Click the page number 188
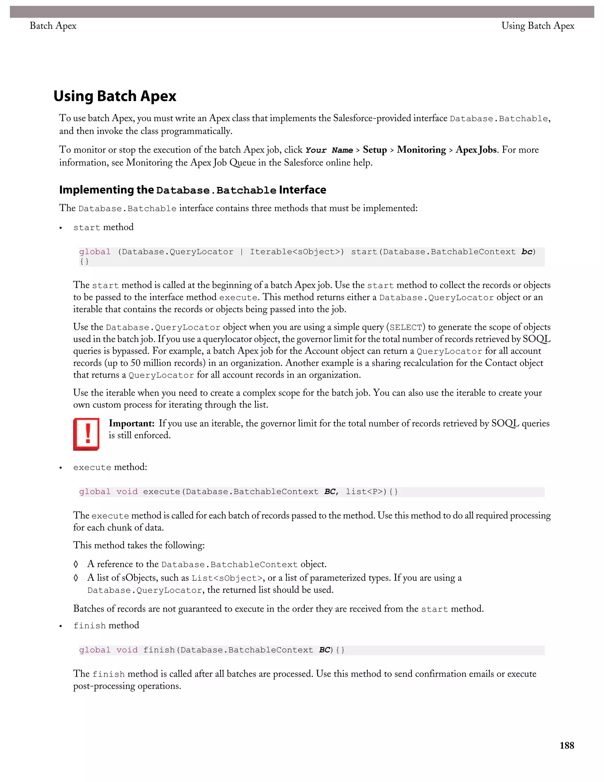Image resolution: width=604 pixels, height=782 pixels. click(567, 745)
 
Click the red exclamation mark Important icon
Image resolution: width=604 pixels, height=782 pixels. click(86, 434)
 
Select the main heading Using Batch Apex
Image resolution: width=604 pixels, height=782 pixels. click(114, 96)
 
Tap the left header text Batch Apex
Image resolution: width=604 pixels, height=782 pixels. click(53, 26)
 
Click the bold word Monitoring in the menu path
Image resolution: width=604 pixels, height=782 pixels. click(421, 150)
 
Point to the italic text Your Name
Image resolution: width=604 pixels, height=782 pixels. click(329, 150)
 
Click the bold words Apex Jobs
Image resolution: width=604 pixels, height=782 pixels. click(476, 150)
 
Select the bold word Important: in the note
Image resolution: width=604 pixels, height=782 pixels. click(131, 423)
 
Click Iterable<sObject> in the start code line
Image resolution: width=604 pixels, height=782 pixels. click(297, 252)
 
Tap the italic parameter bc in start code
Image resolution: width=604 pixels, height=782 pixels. click(527, 252)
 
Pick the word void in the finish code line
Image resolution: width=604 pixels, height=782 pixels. click(127, 650)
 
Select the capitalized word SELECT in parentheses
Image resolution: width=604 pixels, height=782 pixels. click(406, 327)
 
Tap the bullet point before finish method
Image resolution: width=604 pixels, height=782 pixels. click(61, 626)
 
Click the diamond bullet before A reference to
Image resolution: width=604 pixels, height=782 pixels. click(76, 564)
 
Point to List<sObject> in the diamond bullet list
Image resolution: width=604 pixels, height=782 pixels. click(226, 578)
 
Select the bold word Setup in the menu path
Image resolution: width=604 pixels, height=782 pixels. click(375, 150)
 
